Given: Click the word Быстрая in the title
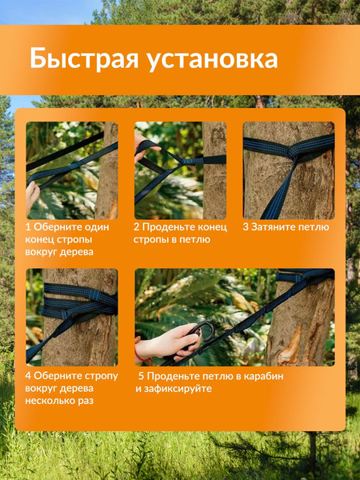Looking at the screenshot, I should point(78,59).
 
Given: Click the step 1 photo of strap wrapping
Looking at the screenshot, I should point(71,170).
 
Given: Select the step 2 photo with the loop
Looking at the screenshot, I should point(180,170).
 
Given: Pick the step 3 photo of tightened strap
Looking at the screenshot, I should point(289,170).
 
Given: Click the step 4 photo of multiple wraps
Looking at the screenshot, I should point(71,316).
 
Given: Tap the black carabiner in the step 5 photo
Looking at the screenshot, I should point(203,330).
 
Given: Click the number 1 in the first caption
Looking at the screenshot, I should point(29,227).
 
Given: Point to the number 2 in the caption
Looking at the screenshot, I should point(138,227).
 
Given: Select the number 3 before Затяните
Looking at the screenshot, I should point(246,227).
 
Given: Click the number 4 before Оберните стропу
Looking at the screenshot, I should point(29,374).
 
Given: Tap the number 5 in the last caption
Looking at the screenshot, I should point(141,374).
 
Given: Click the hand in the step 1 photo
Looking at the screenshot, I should point(32,196).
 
